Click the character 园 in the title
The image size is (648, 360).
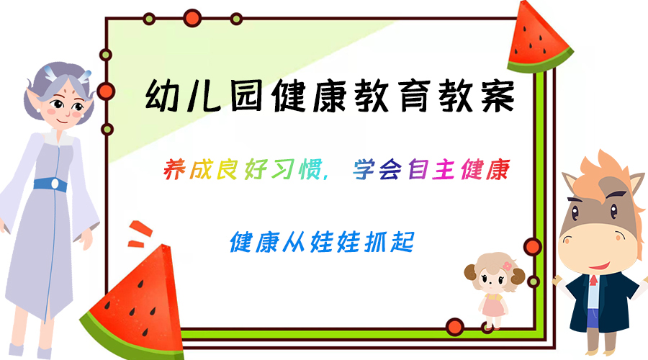246,96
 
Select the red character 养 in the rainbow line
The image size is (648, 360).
174,169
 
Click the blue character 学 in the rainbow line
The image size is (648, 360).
364,169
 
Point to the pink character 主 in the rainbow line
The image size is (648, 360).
444,169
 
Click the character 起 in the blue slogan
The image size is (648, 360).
402,242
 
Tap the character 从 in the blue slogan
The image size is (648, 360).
294,242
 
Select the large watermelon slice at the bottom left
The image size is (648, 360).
136,306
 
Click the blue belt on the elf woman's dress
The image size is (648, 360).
50,184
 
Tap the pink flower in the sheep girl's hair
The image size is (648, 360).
507,266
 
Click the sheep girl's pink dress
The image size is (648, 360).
493,305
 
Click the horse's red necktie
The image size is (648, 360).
593,281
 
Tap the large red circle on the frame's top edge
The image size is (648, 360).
192,18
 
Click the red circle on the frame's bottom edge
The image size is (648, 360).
455,327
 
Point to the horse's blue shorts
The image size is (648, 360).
593,318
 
